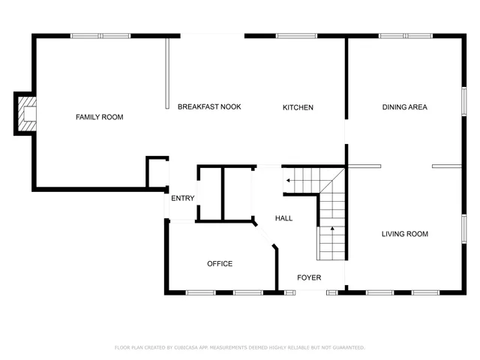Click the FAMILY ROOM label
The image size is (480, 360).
coord(99,117)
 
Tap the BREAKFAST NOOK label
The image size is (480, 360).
coord(209,107)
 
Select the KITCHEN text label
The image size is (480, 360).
coord(298,107)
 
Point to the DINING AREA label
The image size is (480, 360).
coord(404,107)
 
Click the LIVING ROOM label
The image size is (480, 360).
coord(404,234)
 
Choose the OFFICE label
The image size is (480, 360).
coord(220,263)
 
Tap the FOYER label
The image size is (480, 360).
coord(309,277)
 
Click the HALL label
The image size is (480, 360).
coord(283,218)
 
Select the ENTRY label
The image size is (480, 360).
coord(183,198)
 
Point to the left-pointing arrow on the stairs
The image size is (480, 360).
coord(288,180)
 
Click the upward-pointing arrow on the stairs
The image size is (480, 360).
coord(331,228)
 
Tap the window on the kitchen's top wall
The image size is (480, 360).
coord(296,35)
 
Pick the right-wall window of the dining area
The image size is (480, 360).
coord(463,100)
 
